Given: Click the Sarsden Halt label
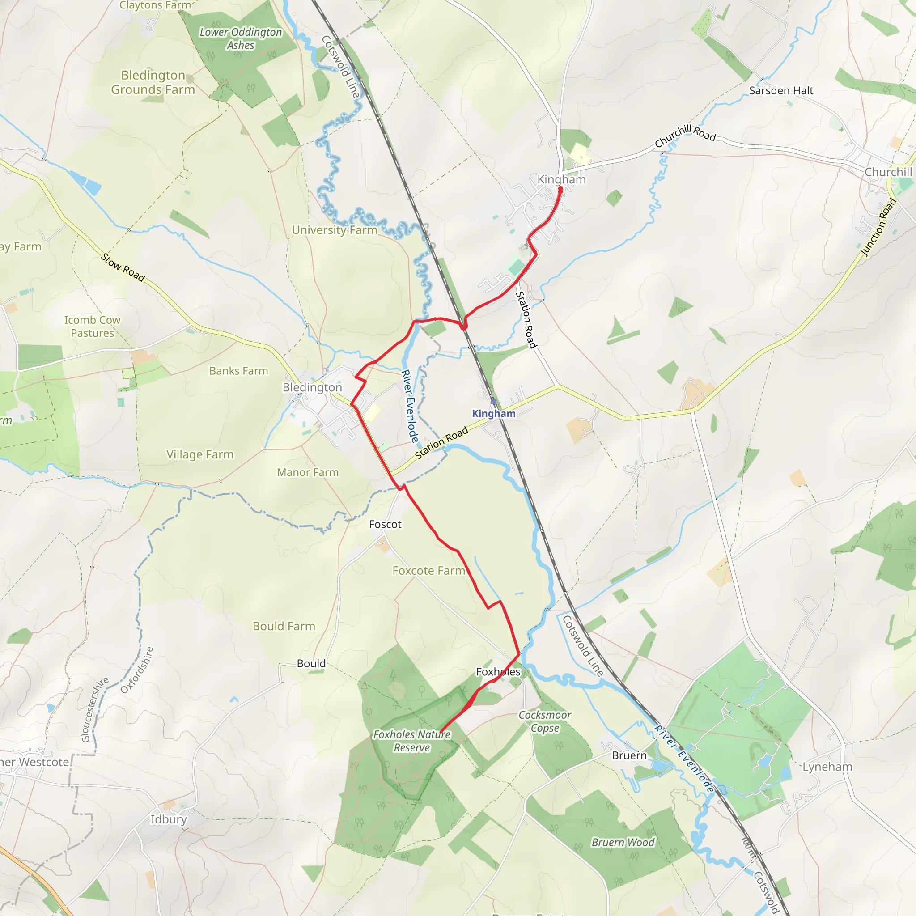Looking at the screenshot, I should pyautogui.click(x=781, y=90).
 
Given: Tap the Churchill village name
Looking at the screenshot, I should pyautogui.click(x=888, y=172).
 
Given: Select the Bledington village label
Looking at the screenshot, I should pyautogui.click(x=312, y=387).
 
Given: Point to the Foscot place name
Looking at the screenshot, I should pyautogui.click(x=385, y=524).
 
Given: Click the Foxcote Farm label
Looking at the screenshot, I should pyautogui.click(x=428, y=571).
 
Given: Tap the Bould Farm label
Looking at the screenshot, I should pyautogui.click(x=284, y=626).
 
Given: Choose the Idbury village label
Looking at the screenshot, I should pyautogui.click(x=169, y=819).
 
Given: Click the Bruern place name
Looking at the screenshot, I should pyautogui.click(x=629, y=755).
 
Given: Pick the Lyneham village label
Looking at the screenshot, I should pyautogui.click(x=827, y=767).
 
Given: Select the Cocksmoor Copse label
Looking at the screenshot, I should pyautogui.click(x=545, y=721).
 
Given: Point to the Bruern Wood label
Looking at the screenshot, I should pyautogui.click(x=623, y=843).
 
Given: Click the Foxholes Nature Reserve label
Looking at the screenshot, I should pyautogui.click(x=411, y=741).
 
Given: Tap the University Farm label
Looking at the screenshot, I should pyautogui.click(x=334, y=230).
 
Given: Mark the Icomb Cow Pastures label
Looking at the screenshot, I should pyautogui.click(x=93, y=327).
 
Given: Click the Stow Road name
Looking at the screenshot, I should pyautogui.click(x=123, y=267).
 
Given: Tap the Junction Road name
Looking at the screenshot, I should pyautogui.click(x=878, y=227).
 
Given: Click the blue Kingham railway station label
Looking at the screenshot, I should pyautogui.click(x=494, y=413).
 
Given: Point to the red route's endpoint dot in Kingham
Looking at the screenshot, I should pyautogui.click(x=560, y=189).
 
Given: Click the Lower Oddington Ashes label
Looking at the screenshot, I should pyautogui.click(x=240, y=39).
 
